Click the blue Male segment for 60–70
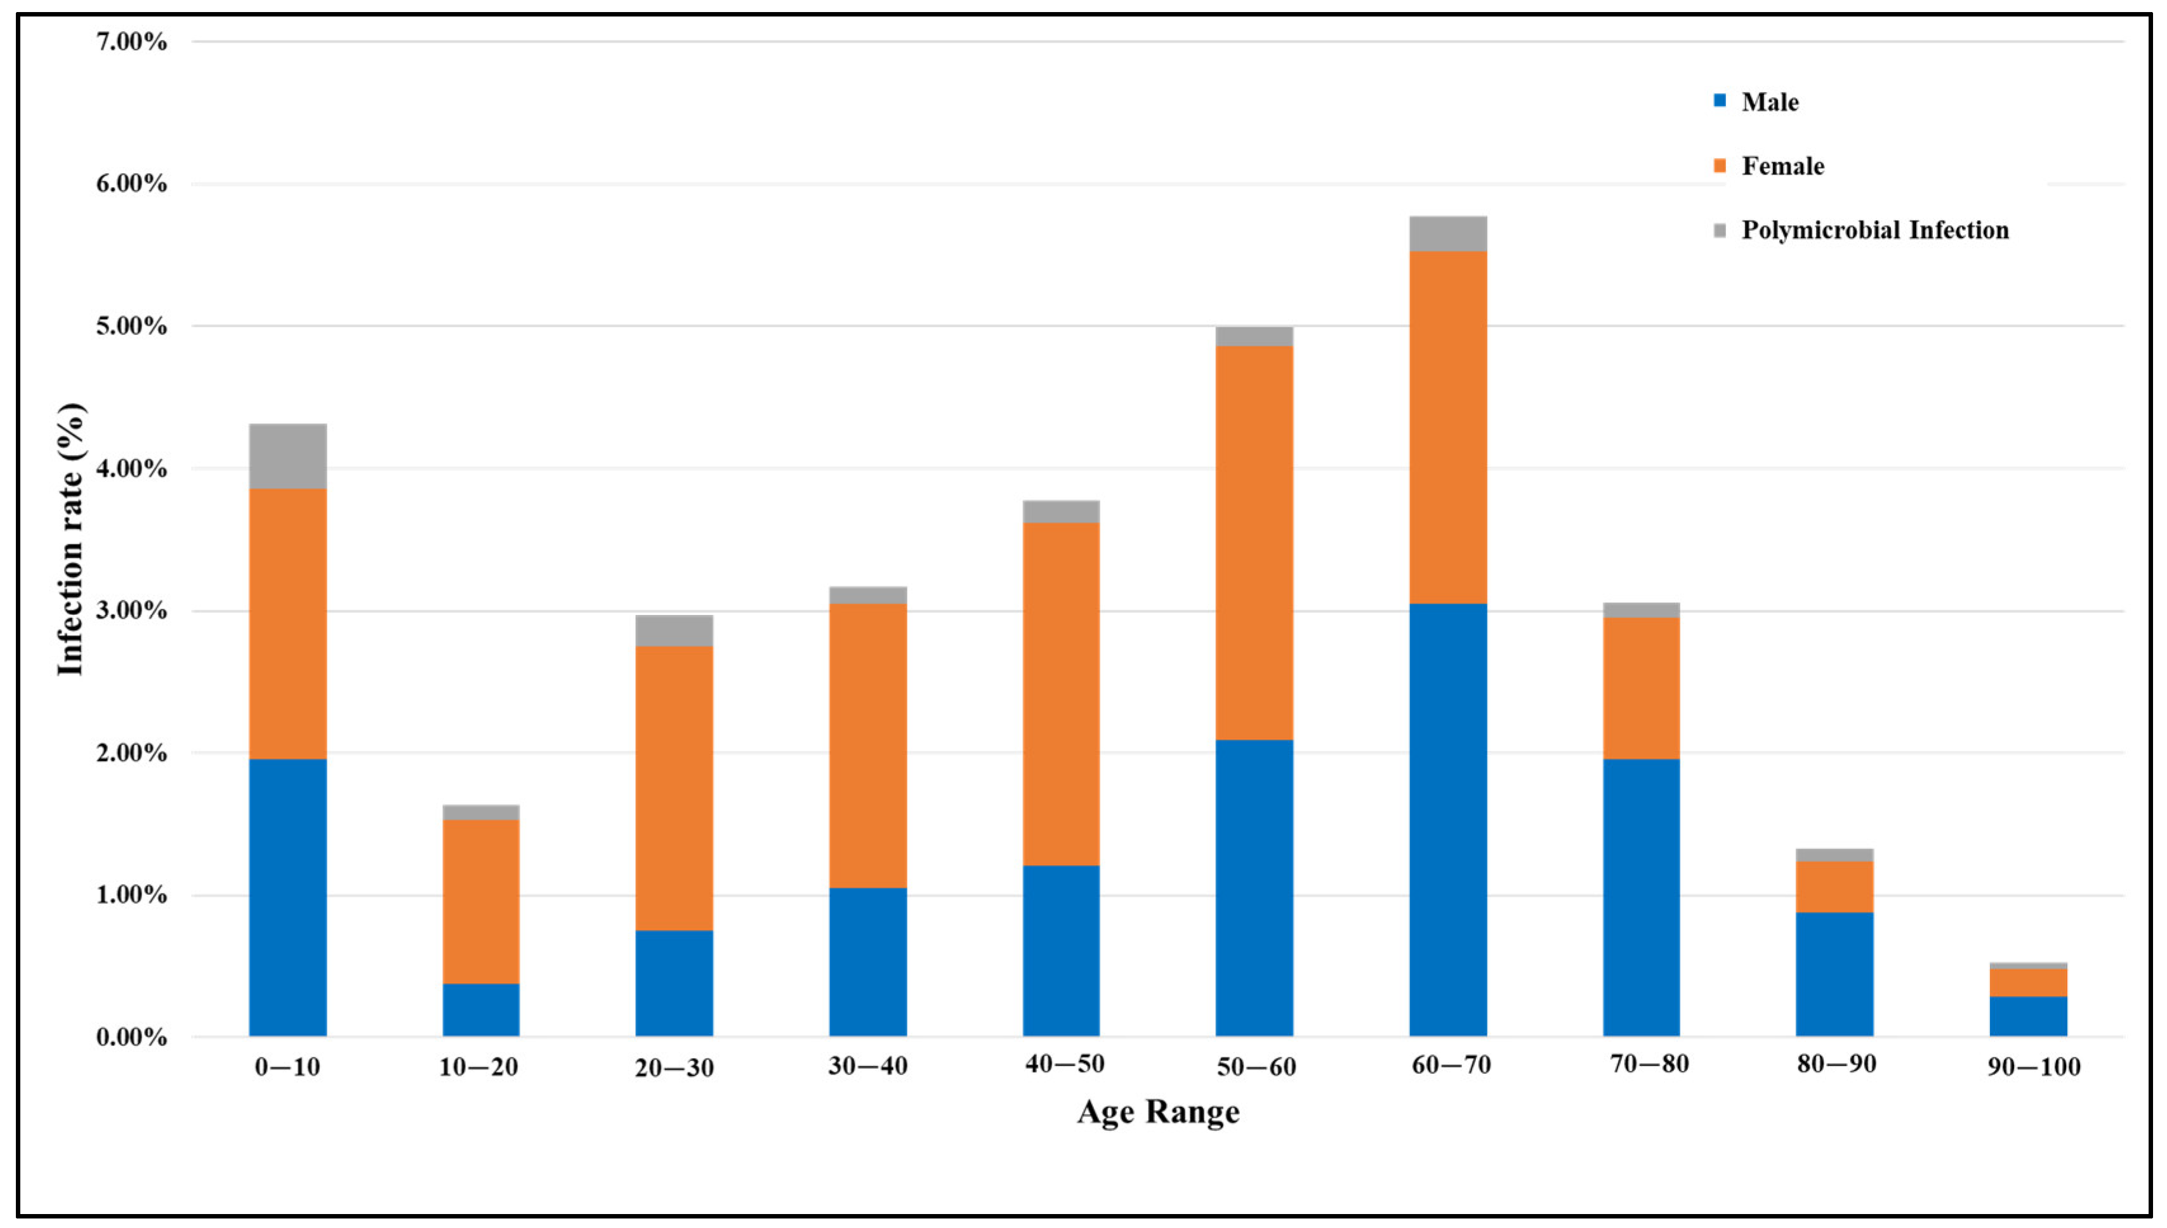[x=1448, y=820]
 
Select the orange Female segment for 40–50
[x=1061, y=694]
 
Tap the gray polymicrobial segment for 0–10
[x=287, y=456]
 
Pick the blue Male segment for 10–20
[x=480, y=1010]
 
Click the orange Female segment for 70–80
[x=1641, y=688]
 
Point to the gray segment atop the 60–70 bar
[x=1448, y=234]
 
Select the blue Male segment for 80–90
[x=1834, y=974]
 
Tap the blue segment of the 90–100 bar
[x=2028, y=1016]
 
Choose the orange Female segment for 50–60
[x=1254, y=543]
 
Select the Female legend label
[x=1782, y=166]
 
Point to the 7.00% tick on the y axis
[x=131, y=41]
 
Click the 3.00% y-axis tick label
[x=131, y=611]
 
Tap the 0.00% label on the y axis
[x=131, y=1038]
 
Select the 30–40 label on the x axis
[x=867, y=1066]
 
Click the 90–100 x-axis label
[x=2033, y=1067]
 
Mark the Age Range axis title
[x=1157, y=1112]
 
